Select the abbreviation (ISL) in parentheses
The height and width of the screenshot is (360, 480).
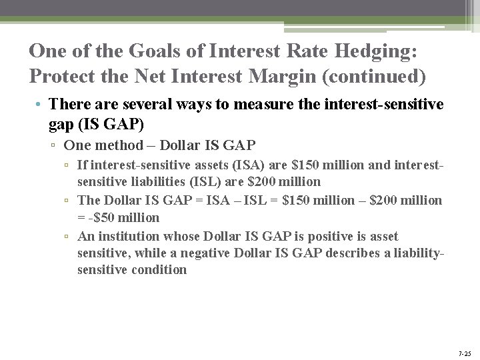pyautogui.click(x=208, y=181)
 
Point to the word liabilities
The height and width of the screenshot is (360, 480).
pyautogui.click(x=161, y=181)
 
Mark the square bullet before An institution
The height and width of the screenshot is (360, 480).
pyautogui.click(x=69, y=237)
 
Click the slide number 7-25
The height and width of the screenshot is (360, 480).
pyautogui.click(x=465, y=353)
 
